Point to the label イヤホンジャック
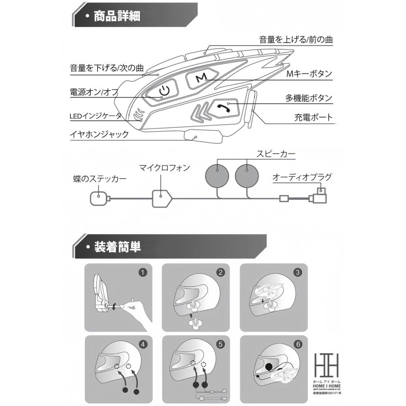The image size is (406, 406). pos(99,134)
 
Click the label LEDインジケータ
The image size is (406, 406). pos(96,116)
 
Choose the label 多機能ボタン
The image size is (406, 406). pos(309,98)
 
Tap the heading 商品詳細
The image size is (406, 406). pos(116,17)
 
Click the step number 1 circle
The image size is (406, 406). pos(143,273)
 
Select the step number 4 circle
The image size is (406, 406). pos(143,345)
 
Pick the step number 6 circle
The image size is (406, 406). pos(298,345)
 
